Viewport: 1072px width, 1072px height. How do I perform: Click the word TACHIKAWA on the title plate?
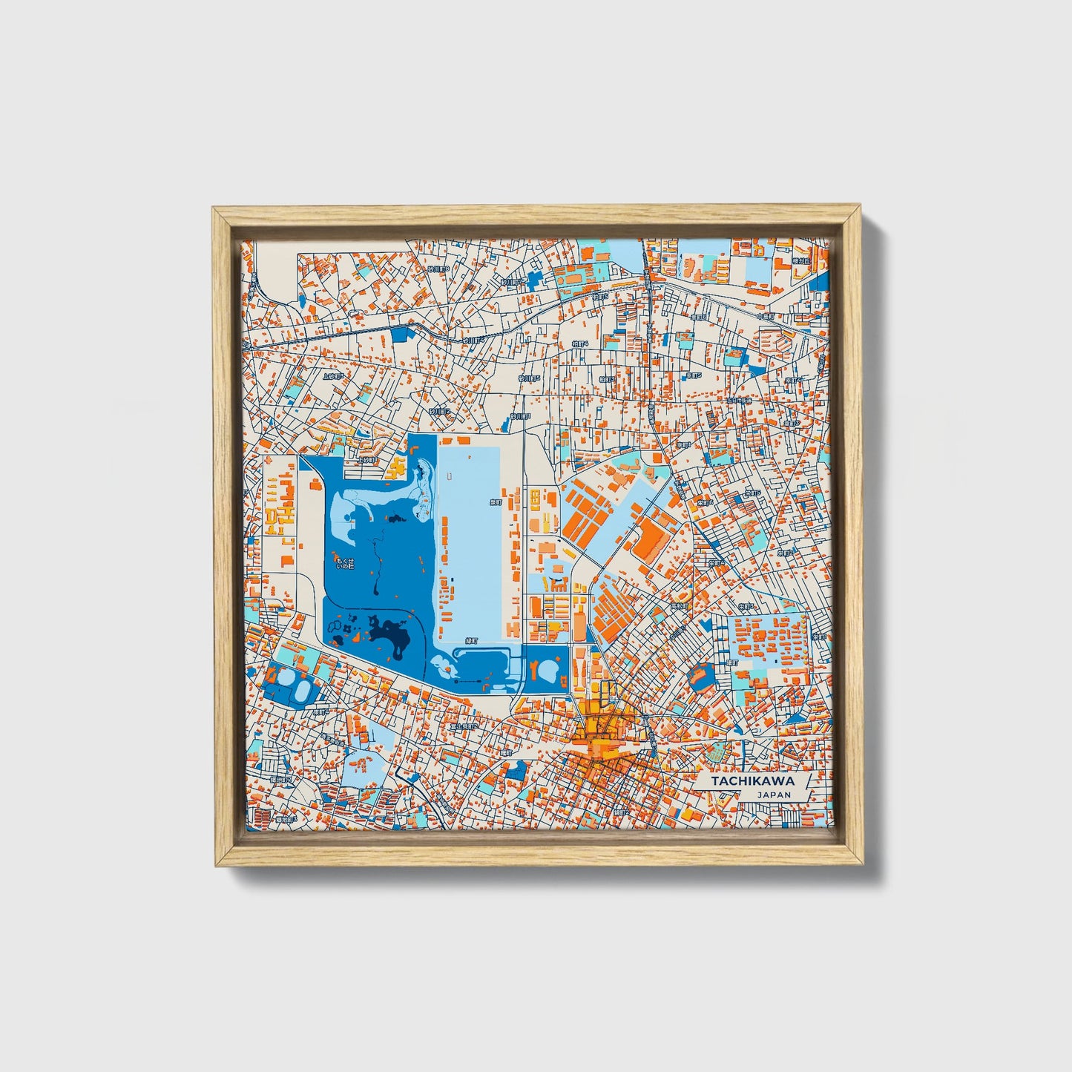click(752, 781)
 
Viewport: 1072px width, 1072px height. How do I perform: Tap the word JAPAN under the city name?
click(774, 795)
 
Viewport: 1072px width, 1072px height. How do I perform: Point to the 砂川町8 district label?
click(438, 269)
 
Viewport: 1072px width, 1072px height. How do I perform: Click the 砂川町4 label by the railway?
click(473, 341)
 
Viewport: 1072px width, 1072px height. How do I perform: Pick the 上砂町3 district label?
click(332, 376)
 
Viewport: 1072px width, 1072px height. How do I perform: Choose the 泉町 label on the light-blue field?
click(496, 502)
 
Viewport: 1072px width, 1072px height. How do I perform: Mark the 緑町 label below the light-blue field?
click(471, 640)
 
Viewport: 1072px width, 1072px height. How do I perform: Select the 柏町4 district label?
click(580, 344)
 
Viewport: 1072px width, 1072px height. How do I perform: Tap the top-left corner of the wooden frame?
click(214, 208)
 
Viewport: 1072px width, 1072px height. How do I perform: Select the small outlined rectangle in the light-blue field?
click(448, 476)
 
